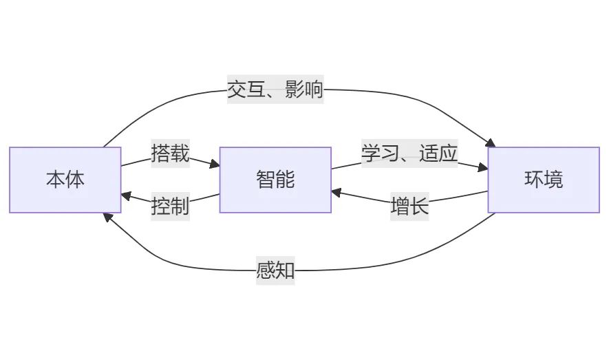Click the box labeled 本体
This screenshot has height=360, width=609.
[65, 180]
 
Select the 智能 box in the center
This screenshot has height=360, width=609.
[275, 180]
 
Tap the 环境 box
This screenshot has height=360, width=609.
[544, 180]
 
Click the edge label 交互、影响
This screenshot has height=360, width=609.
[275, 89]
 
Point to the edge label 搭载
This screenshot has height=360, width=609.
[171, 153]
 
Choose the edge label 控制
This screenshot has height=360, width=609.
[171, 207]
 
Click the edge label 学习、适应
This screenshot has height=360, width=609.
[409, 153]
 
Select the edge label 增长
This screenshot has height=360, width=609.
[409, 207]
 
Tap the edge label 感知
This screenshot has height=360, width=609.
[275, 271]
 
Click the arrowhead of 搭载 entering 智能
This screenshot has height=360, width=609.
[215, 165]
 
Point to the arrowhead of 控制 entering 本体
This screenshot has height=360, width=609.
[126, 195]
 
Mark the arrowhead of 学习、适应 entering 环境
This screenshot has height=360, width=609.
[483, 167]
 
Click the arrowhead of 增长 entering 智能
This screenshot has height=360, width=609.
[336, 192]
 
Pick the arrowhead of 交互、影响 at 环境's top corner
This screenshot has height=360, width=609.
[491, 143]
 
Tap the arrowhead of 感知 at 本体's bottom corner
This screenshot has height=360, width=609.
[108, 217]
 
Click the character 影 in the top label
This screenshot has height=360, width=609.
[295, 89]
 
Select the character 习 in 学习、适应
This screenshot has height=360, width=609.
[390, 153]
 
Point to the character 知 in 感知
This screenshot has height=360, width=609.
[285, 271]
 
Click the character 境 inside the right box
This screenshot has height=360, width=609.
[553, 180]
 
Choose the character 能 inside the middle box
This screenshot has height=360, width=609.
[285, 180]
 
